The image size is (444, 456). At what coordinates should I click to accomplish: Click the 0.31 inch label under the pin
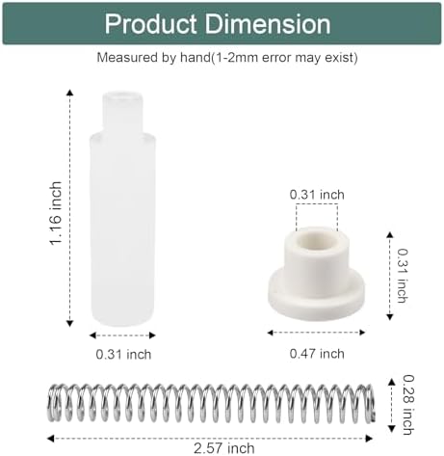pos(123,354)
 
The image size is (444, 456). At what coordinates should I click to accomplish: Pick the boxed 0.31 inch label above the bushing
pos(317,195)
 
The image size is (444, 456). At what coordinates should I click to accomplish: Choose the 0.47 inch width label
pos(317,354)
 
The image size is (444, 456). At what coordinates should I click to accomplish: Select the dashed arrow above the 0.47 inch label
pos(317,332)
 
